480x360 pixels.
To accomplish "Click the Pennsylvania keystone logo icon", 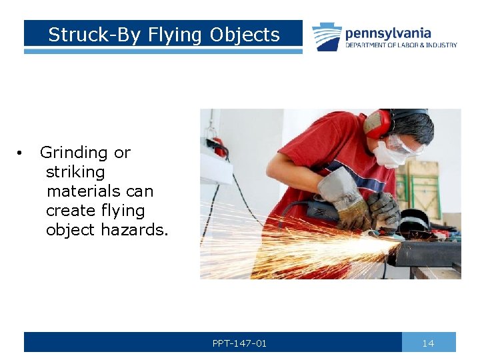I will tap(327, 37).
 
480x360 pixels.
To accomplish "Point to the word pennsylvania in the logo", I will tap(388, 33).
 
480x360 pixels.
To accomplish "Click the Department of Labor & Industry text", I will tap(401, 45).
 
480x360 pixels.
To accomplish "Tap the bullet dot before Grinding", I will tap(22, 153).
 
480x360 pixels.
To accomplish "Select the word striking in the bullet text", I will tap(75, 172).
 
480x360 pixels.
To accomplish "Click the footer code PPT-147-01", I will tap(239, 343).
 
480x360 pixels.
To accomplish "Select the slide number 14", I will tap(428, 343).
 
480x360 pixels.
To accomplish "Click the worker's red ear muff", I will tap(377, 125).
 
